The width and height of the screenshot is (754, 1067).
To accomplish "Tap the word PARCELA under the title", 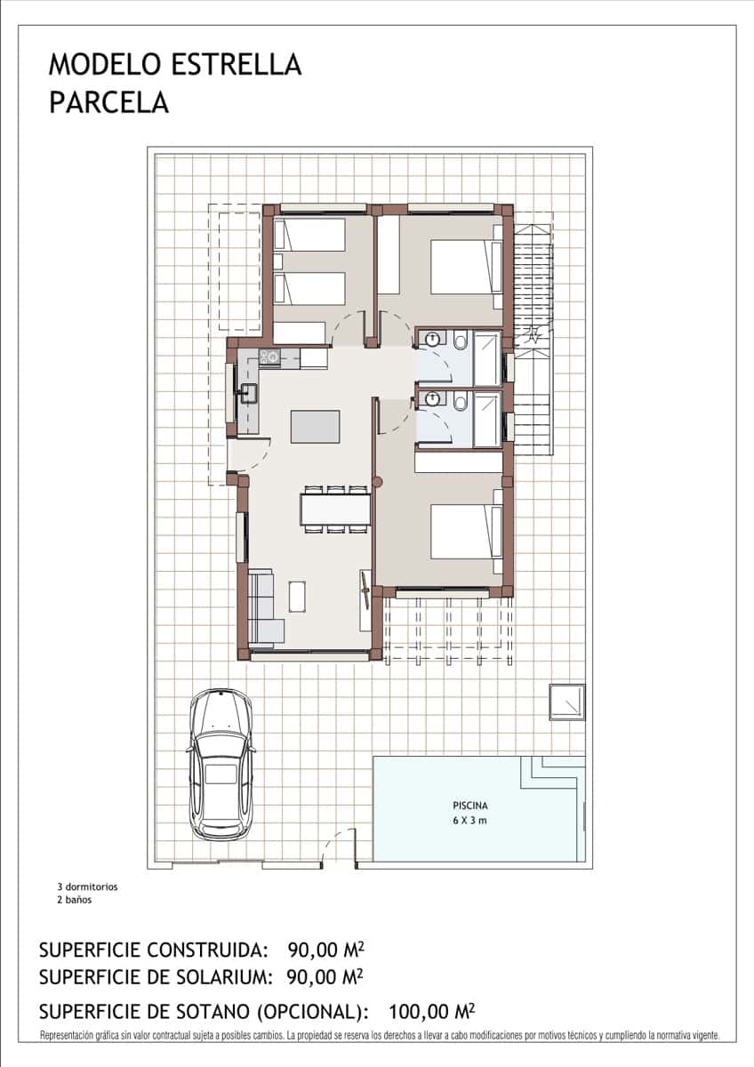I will tap(108, 103).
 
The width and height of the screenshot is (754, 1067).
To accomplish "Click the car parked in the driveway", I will tap(221, 765).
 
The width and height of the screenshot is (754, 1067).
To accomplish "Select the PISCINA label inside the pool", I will tap(469, 806).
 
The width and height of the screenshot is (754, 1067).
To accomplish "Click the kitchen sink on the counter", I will tap(248, 392).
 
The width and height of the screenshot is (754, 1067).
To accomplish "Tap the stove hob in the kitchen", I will tap(269, 358).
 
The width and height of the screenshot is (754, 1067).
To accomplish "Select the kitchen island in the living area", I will tap(315, 426).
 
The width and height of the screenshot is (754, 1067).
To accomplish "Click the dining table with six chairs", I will tap(335, 509).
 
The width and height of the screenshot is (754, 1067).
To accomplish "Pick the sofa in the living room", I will tap(263, 607).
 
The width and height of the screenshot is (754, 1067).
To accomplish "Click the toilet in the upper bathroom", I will tap(461, 341).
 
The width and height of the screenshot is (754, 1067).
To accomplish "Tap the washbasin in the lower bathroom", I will tap(432, 399).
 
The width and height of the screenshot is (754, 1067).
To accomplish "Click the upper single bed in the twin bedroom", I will tap(309, 235).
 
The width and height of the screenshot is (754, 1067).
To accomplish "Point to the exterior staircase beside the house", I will tap(534, 333).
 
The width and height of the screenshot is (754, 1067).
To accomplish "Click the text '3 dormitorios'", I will tap(87, 886).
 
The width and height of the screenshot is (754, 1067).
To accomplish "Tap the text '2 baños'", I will tap(74, 899).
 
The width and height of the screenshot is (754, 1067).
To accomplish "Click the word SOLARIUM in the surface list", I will tap(222, 976).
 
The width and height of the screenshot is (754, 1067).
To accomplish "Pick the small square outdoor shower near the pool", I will tap(566, 702).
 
